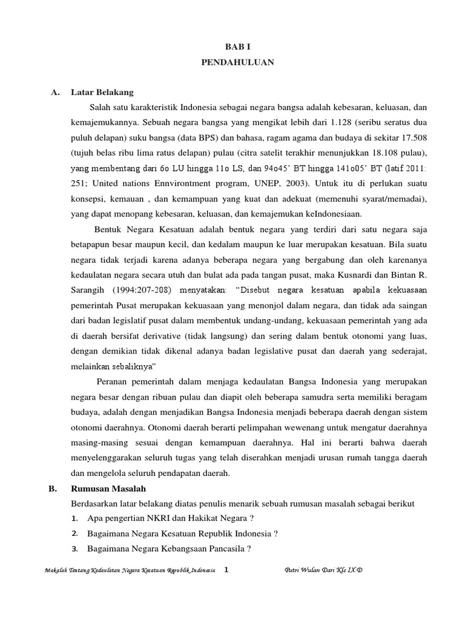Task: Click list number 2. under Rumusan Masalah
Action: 74,533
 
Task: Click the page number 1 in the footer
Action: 226,570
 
